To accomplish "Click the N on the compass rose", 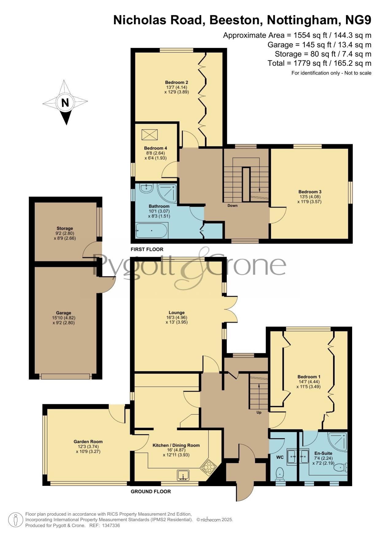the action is tap(65, 103).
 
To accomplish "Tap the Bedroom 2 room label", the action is tap(177, 82).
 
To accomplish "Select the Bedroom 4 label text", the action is tap(156, 148).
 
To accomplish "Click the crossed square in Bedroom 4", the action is tap(150, 135).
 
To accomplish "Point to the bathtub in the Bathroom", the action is tap(152, 231).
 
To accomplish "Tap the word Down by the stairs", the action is tap(232, 205).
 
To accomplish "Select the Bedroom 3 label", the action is tap(310, 192).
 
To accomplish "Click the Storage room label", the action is tap(65, 228).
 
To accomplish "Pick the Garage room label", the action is tap(64, 313).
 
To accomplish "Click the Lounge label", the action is tap(177, 312).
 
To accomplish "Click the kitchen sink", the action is tap(183, 475).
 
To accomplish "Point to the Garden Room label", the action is tap(88, 442).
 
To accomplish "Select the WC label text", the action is tap(280, 457).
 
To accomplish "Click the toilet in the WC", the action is tap(280, 474).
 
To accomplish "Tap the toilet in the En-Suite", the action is tap(340, 468).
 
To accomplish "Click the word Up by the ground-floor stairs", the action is tap(259, 412).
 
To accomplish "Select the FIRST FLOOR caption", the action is tap(147, 249).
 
